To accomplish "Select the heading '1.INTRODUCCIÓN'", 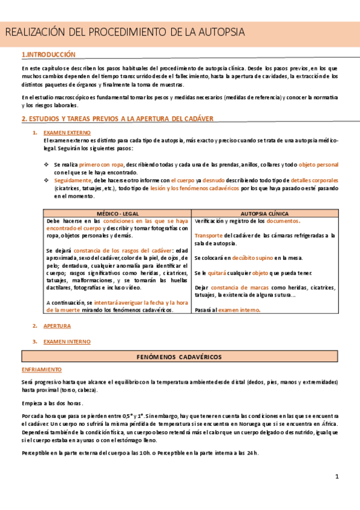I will point(48,55).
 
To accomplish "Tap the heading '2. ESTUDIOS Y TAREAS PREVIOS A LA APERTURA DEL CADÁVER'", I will point(117,119).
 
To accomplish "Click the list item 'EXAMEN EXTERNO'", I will point(67,132).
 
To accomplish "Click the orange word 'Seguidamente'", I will point(73,180).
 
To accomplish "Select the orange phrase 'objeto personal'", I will point(318,164).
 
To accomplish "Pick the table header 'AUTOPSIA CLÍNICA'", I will point(264,213).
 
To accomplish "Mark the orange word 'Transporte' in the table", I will point(209,235).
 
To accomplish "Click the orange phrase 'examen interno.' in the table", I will point(239,310).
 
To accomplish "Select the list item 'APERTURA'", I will point(57,326).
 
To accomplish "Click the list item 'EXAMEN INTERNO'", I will point(67,342).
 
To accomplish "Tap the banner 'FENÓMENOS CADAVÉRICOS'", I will point(180,357).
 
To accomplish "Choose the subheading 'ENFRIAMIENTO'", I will point(41,369).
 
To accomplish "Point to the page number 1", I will point(337,477).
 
